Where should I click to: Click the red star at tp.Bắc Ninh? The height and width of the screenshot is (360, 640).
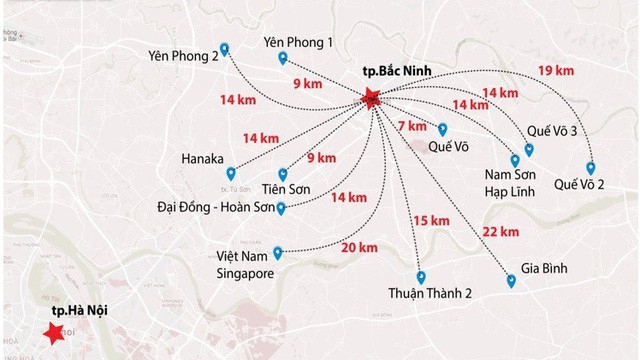[372, 98]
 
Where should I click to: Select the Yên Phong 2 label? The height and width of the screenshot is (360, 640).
[181, 56]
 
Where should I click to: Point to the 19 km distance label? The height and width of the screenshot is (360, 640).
[556, 70]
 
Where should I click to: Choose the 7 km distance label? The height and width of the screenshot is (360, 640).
[411, 126]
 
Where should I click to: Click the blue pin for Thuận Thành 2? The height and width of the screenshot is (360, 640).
[421, 276]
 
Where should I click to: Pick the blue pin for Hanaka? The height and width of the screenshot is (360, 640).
[232, 172]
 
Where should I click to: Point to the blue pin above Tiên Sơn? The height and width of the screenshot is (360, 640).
[283, 173]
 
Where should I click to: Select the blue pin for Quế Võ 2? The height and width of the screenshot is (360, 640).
[591, 167]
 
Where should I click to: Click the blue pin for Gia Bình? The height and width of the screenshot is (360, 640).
[511, 283]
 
